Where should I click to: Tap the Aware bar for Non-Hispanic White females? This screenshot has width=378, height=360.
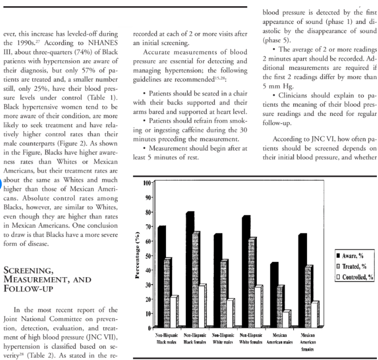click(x=246, y=272)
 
